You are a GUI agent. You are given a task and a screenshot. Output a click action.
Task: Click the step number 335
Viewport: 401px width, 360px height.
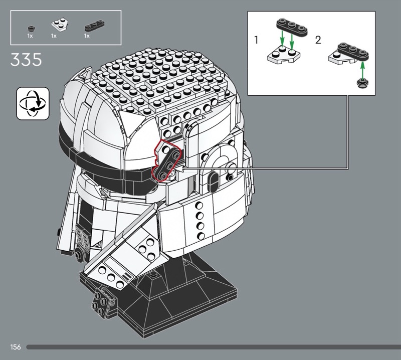(26, 60)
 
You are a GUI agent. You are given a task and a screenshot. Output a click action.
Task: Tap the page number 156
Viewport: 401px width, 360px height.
(16, 347)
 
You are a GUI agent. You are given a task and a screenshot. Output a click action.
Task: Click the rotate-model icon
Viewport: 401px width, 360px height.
(33, 103)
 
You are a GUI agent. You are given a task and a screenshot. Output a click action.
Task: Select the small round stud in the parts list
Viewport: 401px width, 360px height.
(31, 28)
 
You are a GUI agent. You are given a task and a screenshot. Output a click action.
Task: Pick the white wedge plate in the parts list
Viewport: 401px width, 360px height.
(61, 25)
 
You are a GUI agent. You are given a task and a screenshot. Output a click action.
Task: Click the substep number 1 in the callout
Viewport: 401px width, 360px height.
(256, 40)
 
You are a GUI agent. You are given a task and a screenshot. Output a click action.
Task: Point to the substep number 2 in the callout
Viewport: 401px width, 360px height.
(318, 40)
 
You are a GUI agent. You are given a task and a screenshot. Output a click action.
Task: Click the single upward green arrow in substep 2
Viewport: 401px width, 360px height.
(362, 69)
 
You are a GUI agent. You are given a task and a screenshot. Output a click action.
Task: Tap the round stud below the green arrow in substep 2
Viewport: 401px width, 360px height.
(362, 83)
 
